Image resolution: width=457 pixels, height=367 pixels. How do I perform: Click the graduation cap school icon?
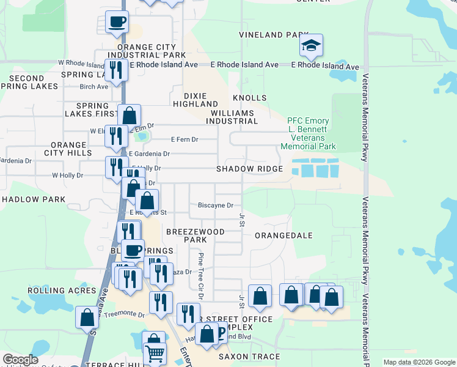[x=311, y=45]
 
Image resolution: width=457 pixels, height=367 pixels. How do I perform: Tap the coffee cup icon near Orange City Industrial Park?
[x=117, y=23]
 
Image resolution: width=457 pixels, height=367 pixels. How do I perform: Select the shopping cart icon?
[x=155, y=354]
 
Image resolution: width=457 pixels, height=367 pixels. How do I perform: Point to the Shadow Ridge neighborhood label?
[x=249, y=169]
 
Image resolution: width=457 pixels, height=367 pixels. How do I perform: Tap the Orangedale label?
[x=283, y=235]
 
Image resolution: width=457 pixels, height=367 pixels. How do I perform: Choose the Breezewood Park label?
[x=196, y=236]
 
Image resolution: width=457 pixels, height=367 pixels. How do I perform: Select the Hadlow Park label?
[x=34, y=199]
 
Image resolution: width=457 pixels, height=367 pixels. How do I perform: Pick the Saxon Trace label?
[x=249, y=357]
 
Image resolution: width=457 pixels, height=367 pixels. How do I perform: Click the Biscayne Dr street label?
[x=216, y=206]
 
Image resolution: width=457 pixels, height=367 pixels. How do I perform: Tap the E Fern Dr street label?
[x=185, y=139]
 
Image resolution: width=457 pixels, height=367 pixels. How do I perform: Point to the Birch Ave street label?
[x=93, y=86]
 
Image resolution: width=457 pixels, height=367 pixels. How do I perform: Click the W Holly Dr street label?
[x=67, y=176]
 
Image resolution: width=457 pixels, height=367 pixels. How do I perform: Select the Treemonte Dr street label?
[x=124, y=314]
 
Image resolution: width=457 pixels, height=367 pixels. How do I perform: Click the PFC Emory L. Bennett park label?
[x=308, y=134]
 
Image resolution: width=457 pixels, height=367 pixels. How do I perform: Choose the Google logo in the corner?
[x=20, y=360]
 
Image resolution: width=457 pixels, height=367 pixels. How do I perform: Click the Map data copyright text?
[x=419, y=362]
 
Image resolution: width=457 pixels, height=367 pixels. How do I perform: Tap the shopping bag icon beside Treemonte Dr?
[x=87, y=317]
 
